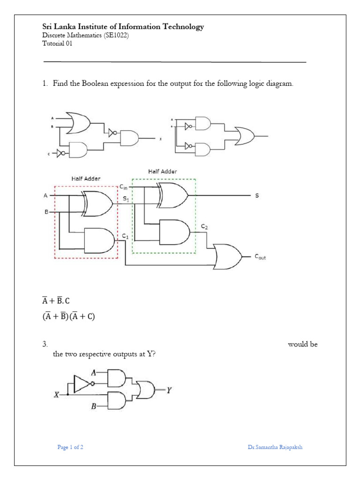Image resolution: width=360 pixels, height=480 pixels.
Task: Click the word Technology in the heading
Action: coord(183,27)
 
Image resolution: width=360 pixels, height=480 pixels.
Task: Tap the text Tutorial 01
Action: coord(57,43)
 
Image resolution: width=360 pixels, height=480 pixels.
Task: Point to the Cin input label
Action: coord(123,187)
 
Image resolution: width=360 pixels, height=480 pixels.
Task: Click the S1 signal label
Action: coord(126,199)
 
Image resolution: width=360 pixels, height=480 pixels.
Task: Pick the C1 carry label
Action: coord(125,236)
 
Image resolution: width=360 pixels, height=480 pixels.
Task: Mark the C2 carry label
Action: coord(204,226)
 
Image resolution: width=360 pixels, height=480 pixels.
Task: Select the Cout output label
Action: coord(260,257)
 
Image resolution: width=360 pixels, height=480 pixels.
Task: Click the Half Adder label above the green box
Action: coord(163,172)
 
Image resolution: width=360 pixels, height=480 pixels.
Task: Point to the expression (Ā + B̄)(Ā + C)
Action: coord(68,316)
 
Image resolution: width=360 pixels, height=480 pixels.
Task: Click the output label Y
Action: coord(169,390)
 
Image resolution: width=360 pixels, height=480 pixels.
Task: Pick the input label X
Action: coord(56,395)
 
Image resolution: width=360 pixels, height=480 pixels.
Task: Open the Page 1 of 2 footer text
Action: coord(70,447)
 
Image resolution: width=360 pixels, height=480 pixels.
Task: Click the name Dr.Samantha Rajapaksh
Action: coord(275,447)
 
